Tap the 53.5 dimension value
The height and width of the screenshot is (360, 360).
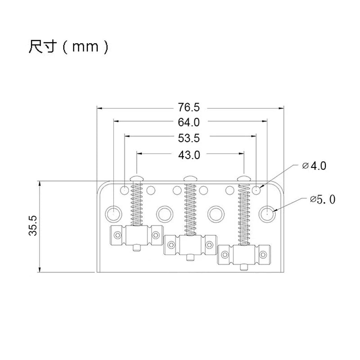coord(189,137)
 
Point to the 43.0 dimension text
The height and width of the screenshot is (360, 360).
coord(189,155)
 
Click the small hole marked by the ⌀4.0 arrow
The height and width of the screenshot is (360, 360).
coord(256,189)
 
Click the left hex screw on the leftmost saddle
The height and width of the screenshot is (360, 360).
coord(117,234)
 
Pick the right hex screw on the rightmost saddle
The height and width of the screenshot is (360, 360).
coord(263,255)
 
